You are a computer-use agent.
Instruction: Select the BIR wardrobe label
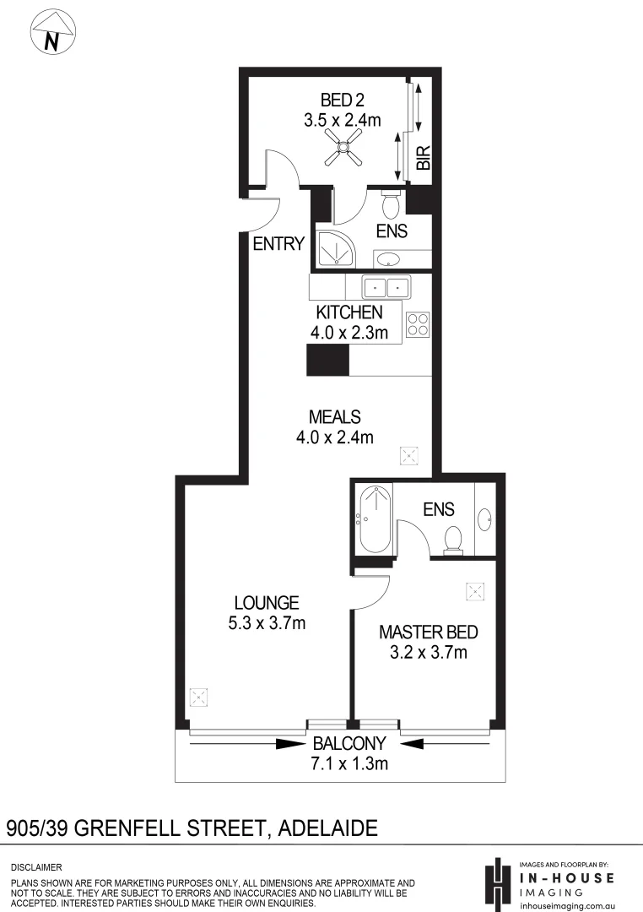coord(424,158)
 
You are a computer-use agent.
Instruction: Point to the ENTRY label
coord(278,244)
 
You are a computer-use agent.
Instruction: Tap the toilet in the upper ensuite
coord(392,204)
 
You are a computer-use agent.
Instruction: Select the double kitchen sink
coord(386,286)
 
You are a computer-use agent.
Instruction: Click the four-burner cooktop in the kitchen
coord(418,325)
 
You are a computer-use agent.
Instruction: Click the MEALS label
coord(335,417)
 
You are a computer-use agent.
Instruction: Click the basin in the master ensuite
coord(487,518)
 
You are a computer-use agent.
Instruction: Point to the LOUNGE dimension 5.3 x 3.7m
coord(267,624)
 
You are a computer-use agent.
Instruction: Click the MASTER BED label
coord(429,632)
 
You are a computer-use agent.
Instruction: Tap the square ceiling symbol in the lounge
coord(198,698)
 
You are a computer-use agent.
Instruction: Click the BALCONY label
coord(349,744)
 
